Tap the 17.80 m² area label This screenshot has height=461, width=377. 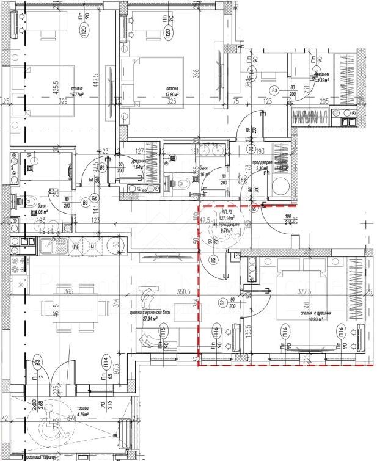170,95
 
